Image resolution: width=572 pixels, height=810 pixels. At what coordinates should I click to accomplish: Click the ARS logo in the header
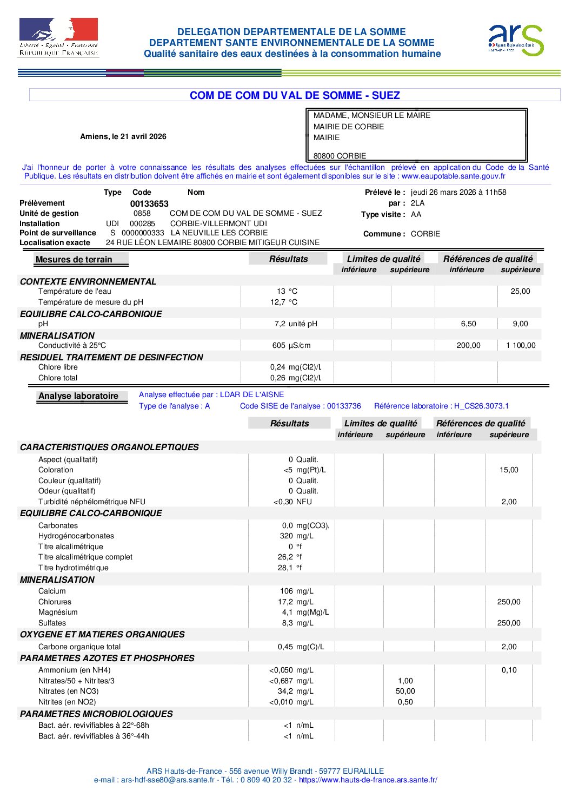click(516, 39)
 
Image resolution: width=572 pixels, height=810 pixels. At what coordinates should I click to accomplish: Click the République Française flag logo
click(58, 37)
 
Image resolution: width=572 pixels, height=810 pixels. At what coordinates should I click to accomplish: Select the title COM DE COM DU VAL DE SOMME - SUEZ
click(295, 96)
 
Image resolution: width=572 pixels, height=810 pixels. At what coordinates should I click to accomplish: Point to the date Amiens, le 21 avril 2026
click(123, 137)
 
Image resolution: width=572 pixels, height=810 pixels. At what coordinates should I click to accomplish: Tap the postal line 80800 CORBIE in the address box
click(340, 156)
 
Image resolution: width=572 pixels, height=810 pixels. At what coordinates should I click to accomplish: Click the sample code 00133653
click(149, 204)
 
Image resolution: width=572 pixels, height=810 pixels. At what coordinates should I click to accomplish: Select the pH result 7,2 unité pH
click(295, 324)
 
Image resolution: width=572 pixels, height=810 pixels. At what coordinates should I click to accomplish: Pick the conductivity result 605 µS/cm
click(291, 346)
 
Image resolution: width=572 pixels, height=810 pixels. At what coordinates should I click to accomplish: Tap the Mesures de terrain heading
click(74, 260)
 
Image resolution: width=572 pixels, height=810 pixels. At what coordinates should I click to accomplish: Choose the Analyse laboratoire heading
click(78, 396)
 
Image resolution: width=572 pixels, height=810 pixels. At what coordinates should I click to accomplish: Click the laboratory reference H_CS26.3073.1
click(481, 406)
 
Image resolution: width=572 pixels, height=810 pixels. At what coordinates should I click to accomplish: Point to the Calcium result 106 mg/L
click(296, 591)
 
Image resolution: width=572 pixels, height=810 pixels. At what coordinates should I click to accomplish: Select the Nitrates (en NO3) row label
click(69, 692)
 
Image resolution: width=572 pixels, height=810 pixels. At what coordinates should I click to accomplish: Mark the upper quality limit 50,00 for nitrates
click(405, 692)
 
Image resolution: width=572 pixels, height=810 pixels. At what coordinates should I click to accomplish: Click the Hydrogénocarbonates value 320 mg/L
click(296, 536)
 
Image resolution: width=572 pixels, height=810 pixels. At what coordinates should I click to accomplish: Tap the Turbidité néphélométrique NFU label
click(92, 502)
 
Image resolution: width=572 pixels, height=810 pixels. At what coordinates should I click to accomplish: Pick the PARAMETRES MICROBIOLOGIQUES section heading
click(96, 714)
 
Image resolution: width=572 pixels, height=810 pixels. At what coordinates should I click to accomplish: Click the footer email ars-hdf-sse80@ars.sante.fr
click(168, 780)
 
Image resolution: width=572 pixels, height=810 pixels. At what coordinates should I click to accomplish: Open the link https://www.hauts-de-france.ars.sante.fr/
click(368, 780)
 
